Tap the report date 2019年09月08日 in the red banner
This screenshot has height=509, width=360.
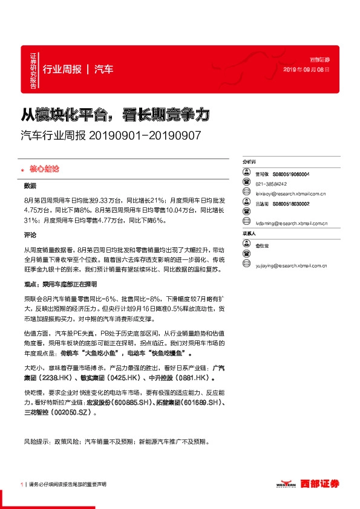(308, 70)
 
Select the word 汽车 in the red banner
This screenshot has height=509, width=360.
(104, 70)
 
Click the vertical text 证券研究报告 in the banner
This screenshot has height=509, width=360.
(33, 69)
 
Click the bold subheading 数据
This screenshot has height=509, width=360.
(30, 186)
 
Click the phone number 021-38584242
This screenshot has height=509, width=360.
(271, 184)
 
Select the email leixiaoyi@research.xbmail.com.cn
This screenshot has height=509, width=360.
(291, 193)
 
